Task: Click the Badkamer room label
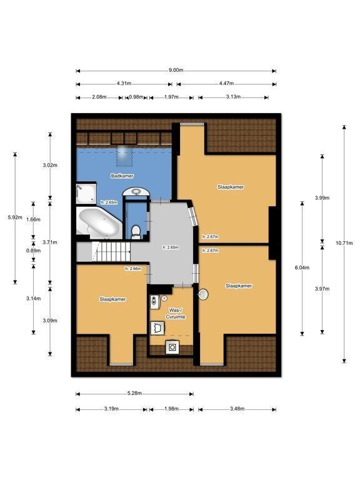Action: click(x=122, y=176)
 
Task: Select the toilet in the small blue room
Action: click(x=136, y=232)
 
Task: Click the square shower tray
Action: click(x=86, y=193)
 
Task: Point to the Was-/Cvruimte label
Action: click(x=176, y=314)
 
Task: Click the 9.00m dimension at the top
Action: click(x=176, y=70)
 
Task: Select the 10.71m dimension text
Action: click(x=344, y=243)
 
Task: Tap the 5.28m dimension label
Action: click(x=134, y=393)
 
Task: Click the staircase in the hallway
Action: click(x=111, y=251)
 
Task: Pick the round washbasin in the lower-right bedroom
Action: click(x=202, y=294)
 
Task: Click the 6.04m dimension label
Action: click(x=302, y=267)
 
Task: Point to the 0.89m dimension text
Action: click(x=33, y=251)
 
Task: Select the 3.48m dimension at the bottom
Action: click(x=237, y=409)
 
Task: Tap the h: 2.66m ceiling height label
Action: click(x=133, y=269)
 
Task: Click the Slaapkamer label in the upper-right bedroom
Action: click(x=231, y=187)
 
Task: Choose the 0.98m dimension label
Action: click(x=136, y=97)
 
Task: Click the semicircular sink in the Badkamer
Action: click(x=136, y=192)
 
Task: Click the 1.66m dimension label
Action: click(x=33, y=219)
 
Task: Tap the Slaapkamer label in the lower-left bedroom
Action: click(x=112, y=299)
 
